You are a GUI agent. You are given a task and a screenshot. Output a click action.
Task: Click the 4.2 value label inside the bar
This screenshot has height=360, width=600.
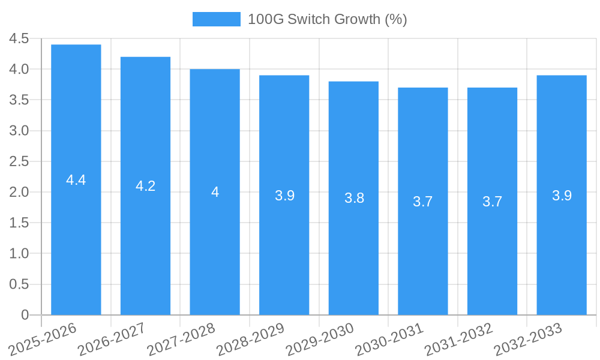145,186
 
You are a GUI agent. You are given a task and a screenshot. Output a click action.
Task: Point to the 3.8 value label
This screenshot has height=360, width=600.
354,198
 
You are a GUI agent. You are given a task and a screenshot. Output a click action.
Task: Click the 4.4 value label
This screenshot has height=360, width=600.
76,180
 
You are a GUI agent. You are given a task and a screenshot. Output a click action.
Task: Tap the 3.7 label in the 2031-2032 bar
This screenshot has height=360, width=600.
492,202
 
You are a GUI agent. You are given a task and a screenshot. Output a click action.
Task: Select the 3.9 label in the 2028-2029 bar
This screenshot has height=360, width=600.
284,196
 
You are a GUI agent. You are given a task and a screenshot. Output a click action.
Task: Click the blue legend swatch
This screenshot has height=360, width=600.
216,19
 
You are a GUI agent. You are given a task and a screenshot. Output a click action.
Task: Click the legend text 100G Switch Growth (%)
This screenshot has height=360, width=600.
327,19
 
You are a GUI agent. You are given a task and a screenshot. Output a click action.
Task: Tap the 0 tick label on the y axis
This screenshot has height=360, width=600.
25,314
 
